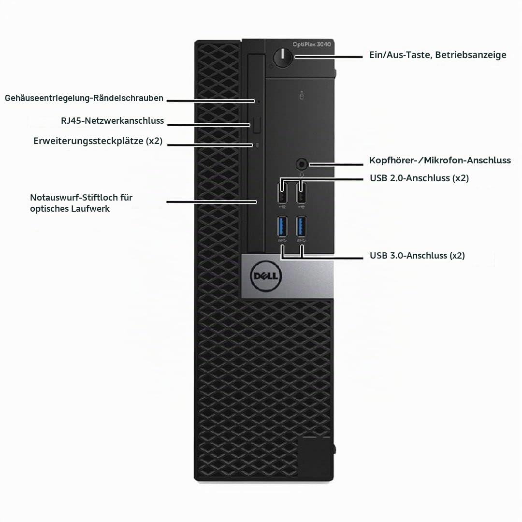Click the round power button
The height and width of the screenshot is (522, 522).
(x=283, y=57)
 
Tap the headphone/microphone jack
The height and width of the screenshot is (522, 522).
(x=302, y=164)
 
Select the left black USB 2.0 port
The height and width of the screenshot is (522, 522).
(x=282, y=192)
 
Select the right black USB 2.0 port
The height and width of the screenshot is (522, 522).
(x=301, y=192)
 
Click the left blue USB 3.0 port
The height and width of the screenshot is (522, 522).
(x=282, y=226)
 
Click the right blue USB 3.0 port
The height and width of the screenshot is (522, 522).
(x=301, y=226)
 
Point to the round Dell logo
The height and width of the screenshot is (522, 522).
(x=266, y=276)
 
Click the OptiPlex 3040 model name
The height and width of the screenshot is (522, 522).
(x=312, y=44)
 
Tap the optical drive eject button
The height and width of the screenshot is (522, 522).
(x=256, y=125)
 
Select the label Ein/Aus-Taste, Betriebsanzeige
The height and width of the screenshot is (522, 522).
(x=438, y=55)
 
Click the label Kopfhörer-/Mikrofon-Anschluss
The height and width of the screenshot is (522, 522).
(x=440, y=160)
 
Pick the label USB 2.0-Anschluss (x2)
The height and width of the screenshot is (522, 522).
(x=419, y=178)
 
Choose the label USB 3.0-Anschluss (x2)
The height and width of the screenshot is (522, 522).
(x=417, y=256)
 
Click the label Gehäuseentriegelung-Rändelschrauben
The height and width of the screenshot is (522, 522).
(x=84, y=98)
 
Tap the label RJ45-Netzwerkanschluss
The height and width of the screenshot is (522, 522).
(x=112, y=120)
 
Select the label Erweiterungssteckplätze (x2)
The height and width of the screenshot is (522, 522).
(x=98, y=141)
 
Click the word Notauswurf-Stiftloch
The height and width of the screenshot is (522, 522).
(x=74, y=197)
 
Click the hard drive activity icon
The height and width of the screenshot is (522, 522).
(x=302, y=95)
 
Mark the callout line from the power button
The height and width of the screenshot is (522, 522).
(x=329, y=57)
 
